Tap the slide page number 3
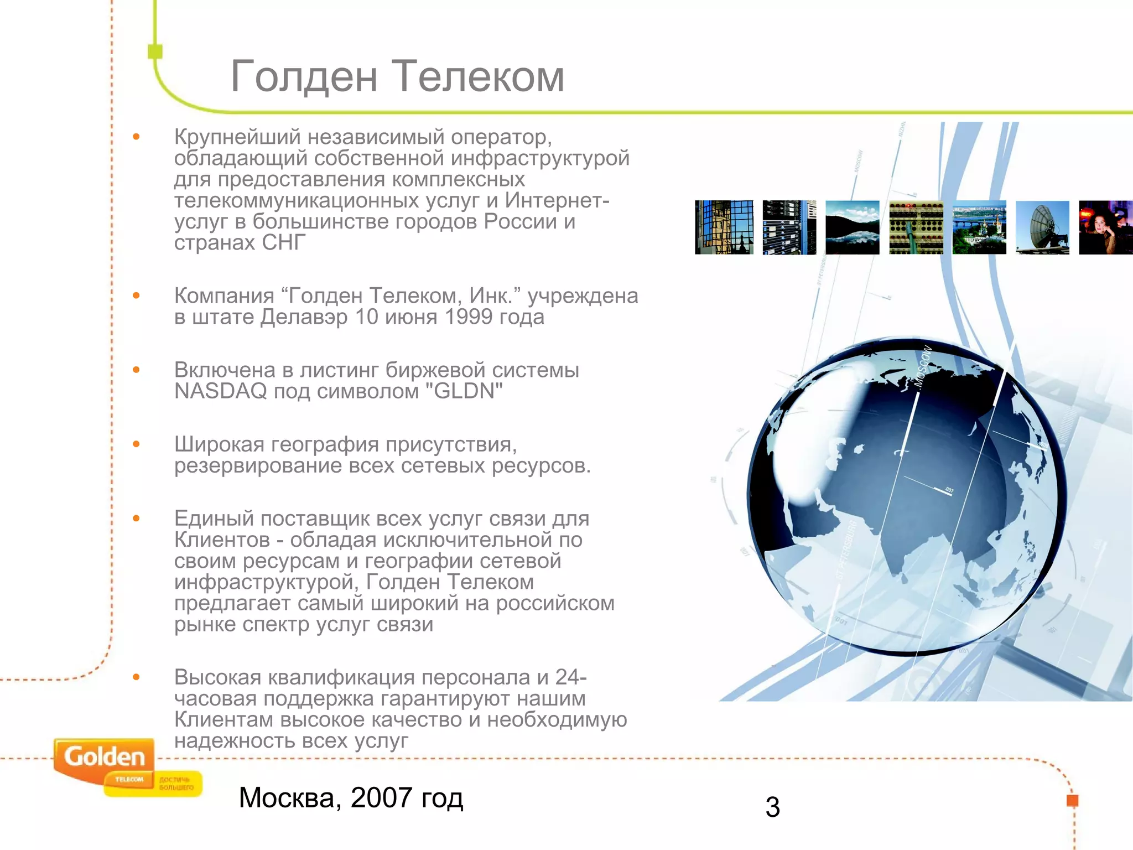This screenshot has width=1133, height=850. coord(772,807)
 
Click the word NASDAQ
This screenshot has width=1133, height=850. coord(221,391)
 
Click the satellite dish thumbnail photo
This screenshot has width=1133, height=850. coord(1042,227)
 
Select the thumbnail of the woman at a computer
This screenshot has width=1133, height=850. coord(1105,227)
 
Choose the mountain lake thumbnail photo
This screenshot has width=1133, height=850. coord(852,227)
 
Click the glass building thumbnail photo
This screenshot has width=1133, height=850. coord(724,227)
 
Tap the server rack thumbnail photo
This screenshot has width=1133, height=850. coord(789,227)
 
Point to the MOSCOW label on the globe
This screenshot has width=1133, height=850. coord(923,366)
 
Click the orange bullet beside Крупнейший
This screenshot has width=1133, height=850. coord(136,137)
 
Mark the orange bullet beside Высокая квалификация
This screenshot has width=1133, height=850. coord(136,677)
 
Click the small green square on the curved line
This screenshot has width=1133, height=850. coord(155,51)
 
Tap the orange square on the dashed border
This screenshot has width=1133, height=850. coord(1072,801)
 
